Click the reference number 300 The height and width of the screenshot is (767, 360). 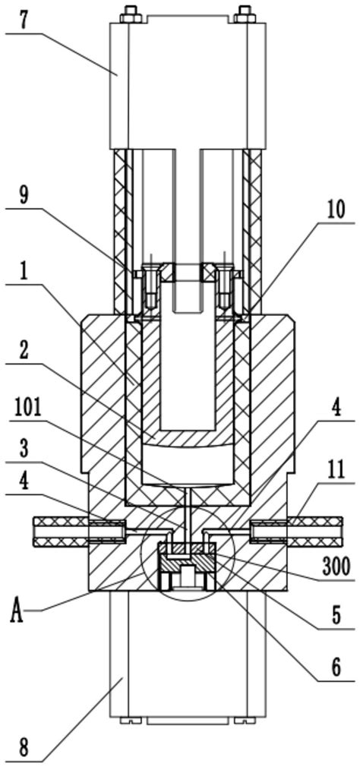point(336,567)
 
